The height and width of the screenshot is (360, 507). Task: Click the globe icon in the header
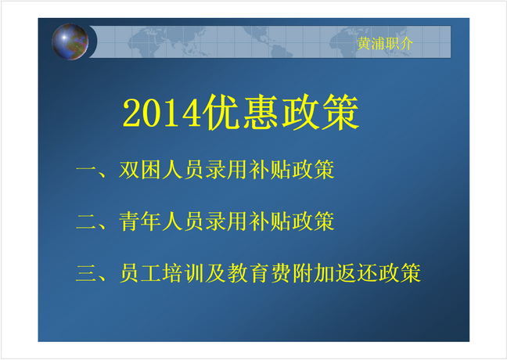click(x=70, y=41)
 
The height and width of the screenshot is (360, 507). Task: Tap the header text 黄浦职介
click(x=385, y=43)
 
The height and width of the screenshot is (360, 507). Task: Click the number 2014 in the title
click(x=163, y=113)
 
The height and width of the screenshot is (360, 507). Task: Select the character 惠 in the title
click(x=261, y=112)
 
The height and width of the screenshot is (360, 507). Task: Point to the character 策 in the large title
click(x=340, y=112)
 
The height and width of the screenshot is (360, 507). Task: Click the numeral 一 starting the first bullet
click(x=86, y=169)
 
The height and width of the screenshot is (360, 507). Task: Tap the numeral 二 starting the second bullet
click(x=86, y=222)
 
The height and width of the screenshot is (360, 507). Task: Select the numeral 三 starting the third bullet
click(x=86, y=273)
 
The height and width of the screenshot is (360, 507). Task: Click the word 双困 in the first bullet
click(x=140, y=170)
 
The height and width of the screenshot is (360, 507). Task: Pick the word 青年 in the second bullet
click(x=140, y=221)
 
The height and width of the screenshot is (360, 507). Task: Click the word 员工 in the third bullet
click(x=140, y=273)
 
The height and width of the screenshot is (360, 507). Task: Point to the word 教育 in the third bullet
click(x=248, y=273)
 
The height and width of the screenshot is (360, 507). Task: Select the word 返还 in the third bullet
click(x=356, y=273)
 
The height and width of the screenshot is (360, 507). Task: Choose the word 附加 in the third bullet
click(x=313, y=273)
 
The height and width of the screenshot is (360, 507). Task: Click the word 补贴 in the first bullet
click(x=270, y=170)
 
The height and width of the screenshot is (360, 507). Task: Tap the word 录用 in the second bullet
click(x=226, y=221)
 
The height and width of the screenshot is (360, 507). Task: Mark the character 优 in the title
click(x=222, y=112)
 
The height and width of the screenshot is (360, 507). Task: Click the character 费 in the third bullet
click(x=281, y=273)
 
